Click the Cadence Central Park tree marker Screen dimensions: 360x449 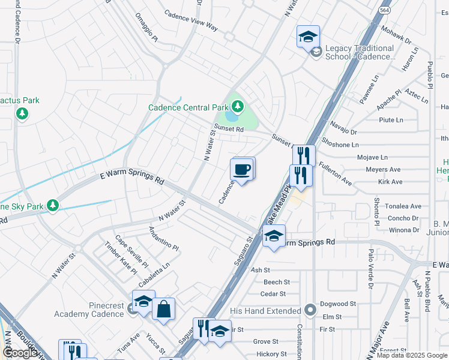pyautogui.click(x=238, y=107)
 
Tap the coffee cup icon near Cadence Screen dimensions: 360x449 pyautogui.click(x=242, y=169)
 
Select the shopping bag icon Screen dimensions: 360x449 pyautogui.click(x=163, y=310)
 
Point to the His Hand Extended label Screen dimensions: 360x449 pyautogui.click(x=265, y=311)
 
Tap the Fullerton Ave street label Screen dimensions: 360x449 pyautogui.click(x=335, y=172)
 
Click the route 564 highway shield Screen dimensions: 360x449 pyautogui.click(x=385, y=10)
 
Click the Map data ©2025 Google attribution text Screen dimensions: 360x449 pyautogui.click(x=411, y=355)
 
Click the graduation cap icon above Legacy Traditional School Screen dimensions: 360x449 pyautogui.click(x=308, y=36)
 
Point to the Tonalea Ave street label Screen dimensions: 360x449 pyautogui.click(x=403, y=206)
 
